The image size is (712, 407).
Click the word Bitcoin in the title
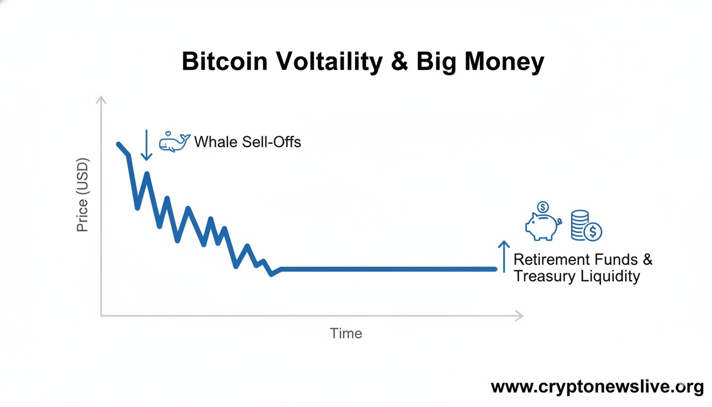tap(225, 63)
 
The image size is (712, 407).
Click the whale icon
tap(175, 142)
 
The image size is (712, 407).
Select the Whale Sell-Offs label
tap(247, 142)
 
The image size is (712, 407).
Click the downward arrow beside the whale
tap(146, 145)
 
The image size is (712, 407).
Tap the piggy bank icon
tap(542, 226)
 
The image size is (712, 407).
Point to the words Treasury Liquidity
tap(577, 277)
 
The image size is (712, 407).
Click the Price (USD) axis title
tap(83, 195)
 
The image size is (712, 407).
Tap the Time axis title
tap(346, 333)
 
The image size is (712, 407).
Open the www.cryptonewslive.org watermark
tap(597, 387)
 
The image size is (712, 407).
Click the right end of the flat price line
tap(495, 269)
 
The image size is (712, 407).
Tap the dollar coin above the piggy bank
tap(542, 207)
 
